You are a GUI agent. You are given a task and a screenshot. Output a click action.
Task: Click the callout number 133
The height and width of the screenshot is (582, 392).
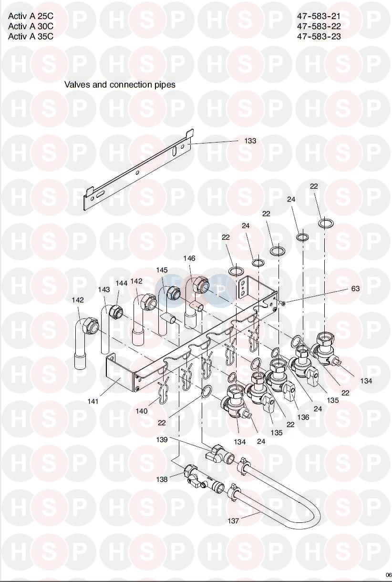250,141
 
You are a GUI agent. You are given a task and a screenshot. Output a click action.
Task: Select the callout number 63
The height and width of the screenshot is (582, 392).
355,289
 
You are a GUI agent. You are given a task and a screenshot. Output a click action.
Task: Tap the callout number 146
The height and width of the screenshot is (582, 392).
189,258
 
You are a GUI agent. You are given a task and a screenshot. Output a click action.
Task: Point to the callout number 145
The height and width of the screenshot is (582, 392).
162,270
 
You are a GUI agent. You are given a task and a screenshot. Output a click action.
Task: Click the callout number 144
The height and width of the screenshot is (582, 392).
122,283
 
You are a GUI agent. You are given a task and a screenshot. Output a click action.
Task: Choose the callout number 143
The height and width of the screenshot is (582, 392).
104,289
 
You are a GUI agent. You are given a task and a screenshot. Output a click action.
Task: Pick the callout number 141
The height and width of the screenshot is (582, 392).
93,401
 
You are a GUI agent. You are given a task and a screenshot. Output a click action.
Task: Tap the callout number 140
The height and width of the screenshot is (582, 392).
142,411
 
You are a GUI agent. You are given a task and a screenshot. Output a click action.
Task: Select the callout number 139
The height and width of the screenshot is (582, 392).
162,439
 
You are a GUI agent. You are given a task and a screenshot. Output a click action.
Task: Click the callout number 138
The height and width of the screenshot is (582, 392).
162,480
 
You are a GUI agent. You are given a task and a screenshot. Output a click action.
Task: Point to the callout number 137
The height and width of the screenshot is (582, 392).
233,521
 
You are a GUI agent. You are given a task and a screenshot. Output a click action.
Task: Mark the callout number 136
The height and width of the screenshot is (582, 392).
303,417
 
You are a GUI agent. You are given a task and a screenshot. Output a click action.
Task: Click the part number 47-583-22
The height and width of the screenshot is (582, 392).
319,26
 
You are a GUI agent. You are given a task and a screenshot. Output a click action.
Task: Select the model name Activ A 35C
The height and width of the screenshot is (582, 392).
31,36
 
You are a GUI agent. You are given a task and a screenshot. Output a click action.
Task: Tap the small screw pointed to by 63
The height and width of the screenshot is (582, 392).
283,303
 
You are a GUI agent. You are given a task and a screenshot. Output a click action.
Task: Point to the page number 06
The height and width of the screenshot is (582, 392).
388,574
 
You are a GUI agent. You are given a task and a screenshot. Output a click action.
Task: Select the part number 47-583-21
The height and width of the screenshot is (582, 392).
319,16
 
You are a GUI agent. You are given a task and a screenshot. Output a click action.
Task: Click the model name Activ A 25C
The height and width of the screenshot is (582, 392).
31,16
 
